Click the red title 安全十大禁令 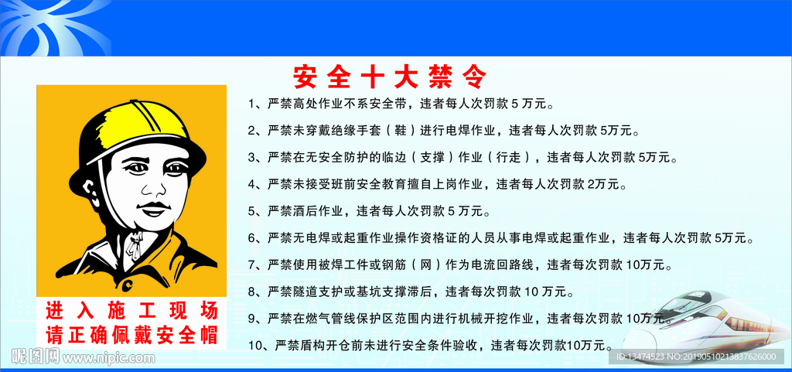[389, 77]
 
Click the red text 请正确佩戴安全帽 [131, 334]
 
